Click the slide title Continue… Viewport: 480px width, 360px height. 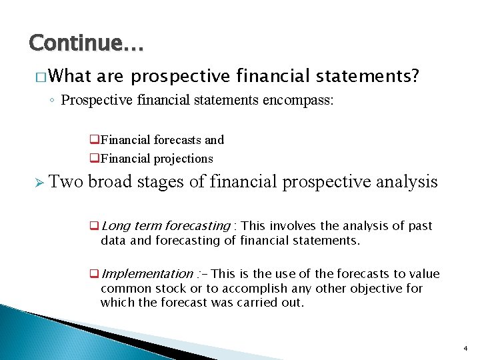(x=86, y=44)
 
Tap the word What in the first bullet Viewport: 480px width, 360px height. (x=69, y=77)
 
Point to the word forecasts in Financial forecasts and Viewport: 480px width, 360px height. (x=178, y=140)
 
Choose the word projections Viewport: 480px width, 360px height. (x=183, y=159)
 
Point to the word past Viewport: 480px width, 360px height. (x=419, y=226)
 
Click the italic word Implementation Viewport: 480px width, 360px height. (x=146, y=274)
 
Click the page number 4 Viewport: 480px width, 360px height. (x=464, y=349)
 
